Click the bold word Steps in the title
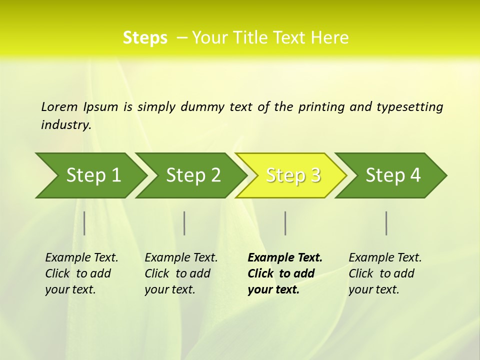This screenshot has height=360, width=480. pos(145,37)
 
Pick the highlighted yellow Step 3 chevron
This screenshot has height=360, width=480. pos(293,175)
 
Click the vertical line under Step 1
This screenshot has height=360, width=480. pos(84,223)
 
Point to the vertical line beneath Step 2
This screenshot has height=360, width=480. pos(184,223)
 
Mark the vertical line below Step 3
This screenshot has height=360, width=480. pos(285,223)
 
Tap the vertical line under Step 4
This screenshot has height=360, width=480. pos(386,223)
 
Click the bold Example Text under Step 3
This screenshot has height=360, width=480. pos(284,273)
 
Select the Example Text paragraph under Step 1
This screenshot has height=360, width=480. pos(81,273)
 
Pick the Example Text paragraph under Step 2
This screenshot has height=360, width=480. pos(180,273)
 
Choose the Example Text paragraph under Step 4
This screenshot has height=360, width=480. pos(384,273)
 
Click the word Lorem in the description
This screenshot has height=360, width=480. pos(59,107)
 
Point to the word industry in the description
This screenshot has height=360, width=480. pos(65,125)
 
